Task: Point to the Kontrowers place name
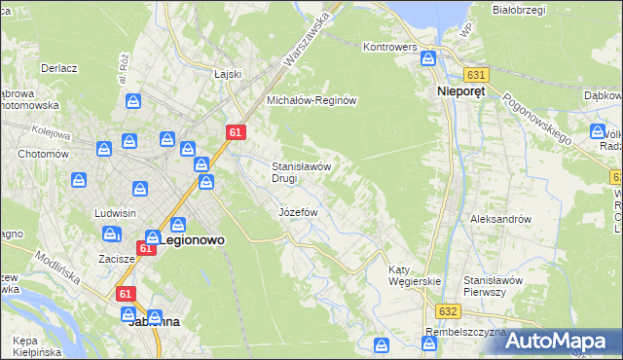click(389, 47)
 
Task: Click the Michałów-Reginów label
click(313, 100)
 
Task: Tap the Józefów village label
click(299, 211)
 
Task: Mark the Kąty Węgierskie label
click(415, 275)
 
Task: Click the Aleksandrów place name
click(500, 219)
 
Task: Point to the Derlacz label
click(58, 69)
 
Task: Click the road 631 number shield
click(476, 75)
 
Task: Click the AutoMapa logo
click(562, 340)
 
